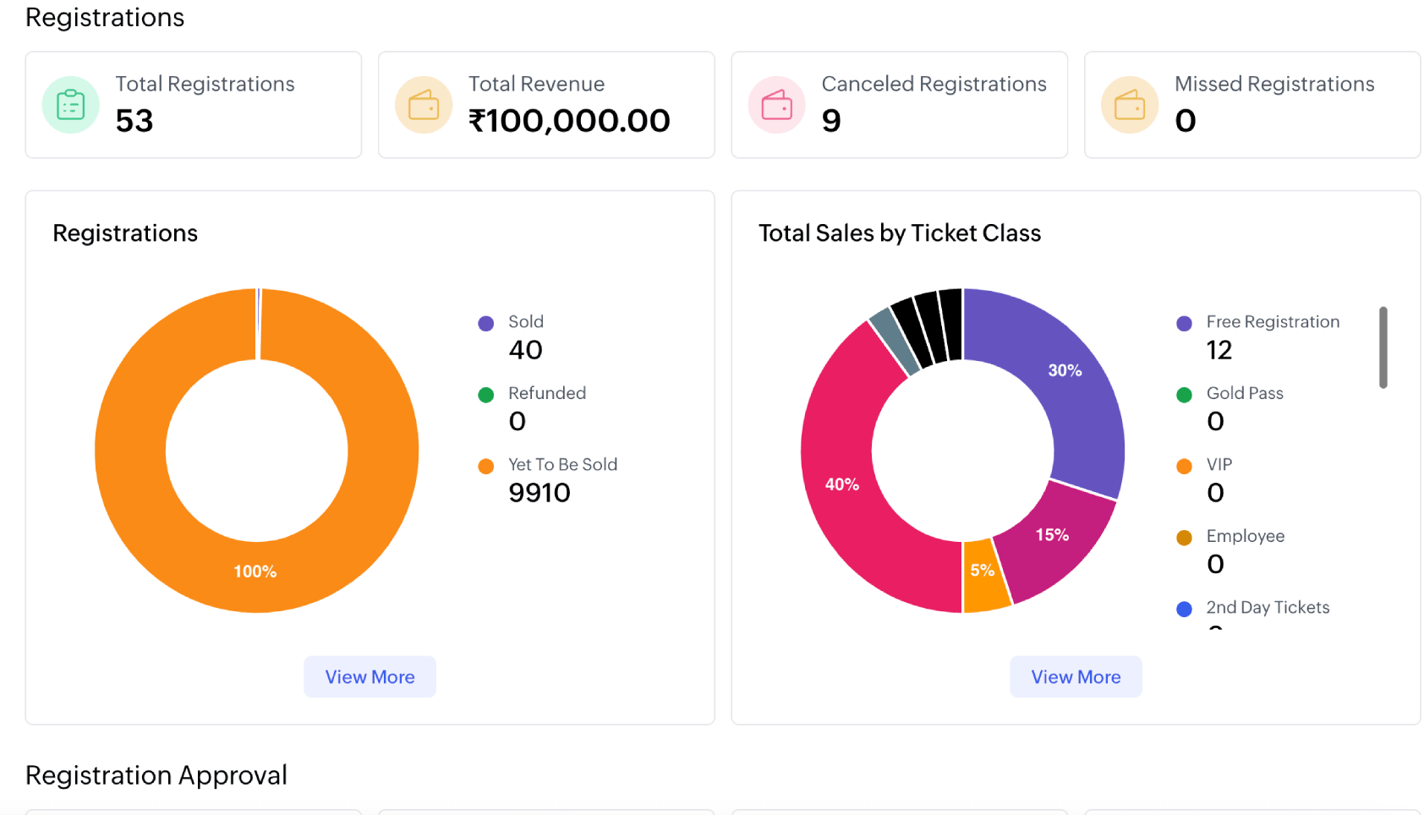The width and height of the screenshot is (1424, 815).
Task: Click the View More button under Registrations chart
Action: [370, 676]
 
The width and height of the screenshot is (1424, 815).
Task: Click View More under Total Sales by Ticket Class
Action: [1075, 676]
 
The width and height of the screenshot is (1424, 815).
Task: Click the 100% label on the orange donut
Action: [255, 572]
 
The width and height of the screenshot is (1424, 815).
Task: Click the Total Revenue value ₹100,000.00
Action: [569, 120]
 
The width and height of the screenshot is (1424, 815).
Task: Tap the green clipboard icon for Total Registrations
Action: [70, 105]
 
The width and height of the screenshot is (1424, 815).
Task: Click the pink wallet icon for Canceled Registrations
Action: [776, 105]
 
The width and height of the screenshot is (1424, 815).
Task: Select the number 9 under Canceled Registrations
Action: [831, 120]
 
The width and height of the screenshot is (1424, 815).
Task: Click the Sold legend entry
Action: [525, 322]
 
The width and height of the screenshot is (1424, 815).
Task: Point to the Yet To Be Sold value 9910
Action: [539, 492]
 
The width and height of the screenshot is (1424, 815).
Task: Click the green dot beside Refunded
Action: [485, 395]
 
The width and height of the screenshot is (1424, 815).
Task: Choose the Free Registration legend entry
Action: [1272, 322]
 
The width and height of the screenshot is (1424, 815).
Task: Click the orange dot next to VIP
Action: [1184, 466]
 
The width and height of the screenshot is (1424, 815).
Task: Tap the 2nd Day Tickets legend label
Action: [1267, 607]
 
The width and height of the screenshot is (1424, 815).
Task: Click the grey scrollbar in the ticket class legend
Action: [1383, 347]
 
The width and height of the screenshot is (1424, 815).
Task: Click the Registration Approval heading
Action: [156, 774]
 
